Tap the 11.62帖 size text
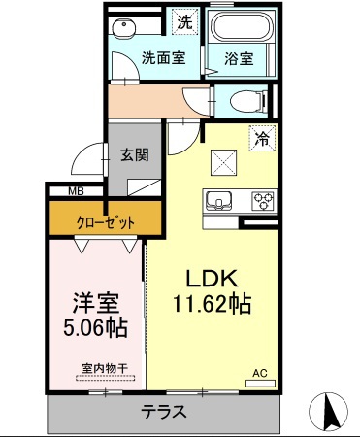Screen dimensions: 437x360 click(213, 304)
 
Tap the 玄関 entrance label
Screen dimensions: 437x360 click(134, 152)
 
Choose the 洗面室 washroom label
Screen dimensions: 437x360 click(161, 57)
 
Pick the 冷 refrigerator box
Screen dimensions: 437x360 click(259, 137)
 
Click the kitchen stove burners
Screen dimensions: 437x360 click(263, 202)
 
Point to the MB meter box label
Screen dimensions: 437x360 click(75, 192)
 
